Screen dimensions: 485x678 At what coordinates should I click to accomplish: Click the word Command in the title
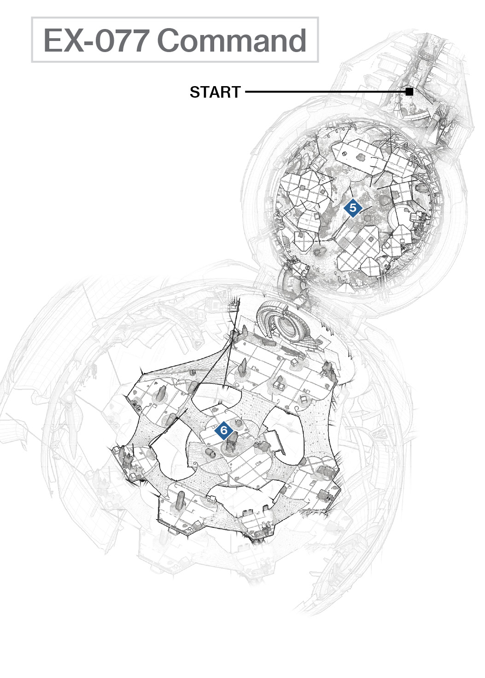pyautogui.click(x=232, y=40)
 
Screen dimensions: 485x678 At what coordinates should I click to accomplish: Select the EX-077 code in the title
pyautogui.click(x=96, y=40)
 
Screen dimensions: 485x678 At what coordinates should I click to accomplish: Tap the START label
pyautogui.click(x=215, y=92)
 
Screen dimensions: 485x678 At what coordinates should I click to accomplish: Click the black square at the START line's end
pyautogui.click(x=409, y=92)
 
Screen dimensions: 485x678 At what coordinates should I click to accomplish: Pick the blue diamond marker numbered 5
pyautogui.click(x=353, y=208)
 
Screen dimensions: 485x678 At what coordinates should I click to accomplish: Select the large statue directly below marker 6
pyautogui.click(x=232, y=443)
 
